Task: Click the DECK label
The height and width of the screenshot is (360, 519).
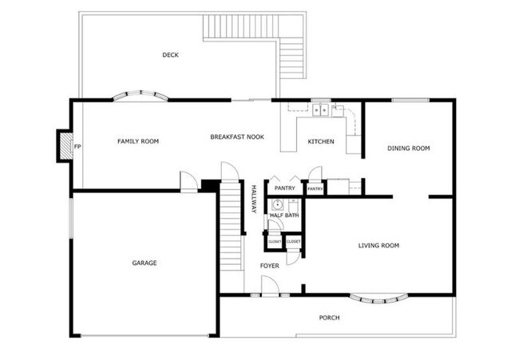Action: [x=170, y=55]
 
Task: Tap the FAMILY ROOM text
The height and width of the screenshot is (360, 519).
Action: [x=138, y=141]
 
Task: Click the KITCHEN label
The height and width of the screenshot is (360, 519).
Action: [x=321, y=142]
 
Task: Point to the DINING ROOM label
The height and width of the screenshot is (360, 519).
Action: [x=408, y=148]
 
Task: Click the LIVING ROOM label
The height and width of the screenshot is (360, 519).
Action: [x=378, y=246]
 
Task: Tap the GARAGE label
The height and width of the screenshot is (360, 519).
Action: [x=145, y=263]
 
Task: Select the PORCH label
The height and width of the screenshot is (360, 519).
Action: [x=329, y=318]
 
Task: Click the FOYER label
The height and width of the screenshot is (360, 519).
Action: [x=270, y=265]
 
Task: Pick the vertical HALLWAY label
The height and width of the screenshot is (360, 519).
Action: [x=253, y=199]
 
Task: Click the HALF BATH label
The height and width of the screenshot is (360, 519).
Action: [x=284, y=216]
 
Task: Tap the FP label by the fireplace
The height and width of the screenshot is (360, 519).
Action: [x=77, y=148]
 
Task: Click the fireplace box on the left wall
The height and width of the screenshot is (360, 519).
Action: [x=62, y=146]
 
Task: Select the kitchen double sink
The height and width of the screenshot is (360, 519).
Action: [x=321, y=109]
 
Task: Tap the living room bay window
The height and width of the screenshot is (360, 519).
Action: [x=379, y=299]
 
